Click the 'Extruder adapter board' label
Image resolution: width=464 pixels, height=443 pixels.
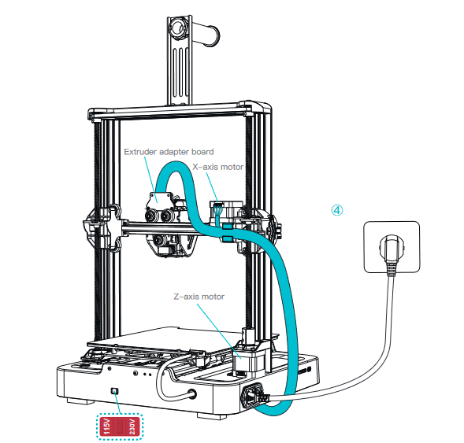(168, 152)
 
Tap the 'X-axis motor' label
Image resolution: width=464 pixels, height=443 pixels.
(218, 168)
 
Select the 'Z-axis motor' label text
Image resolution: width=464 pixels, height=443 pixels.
(199, 297)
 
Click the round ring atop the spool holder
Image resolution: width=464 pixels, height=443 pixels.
(177, 29)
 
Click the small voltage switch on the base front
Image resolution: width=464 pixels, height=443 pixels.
(115, 391)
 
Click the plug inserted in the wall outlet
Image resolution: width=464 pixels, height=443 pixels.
(391, 260)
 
